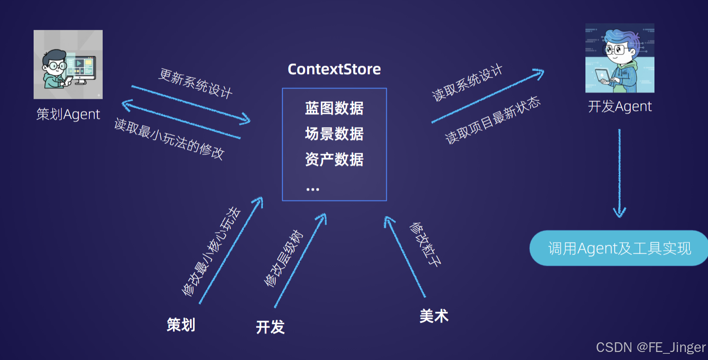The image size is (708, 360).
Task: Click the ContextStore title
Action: point(334,69)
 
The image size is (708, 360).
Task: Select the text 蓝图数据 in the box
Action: point(334,108)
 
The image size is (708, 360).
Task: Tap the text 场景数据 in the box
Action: point(334,134)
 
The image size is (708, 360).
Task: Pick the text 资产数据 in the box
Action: point(334,159)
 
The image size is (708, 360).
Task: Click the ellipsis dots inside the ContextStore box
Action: point(312,190)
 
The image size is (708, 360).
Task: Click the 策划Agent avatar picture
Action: point(68,65)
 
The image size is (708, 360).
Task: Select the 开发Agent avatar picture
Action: point(619,58)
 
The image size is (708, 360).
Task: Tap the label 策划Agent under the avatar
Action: point(68,114)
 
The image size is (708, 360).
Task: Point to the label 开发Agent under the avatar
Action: point(619,107)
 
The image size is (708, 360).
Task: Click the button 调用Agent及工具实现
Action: point(619,248)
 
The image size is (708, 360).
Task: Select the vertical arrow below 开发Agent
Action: point(619,173)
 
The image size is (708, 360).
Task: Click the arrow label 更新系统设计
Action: point(196,83)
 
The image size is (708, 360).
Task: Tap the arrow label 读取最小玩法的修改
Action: point(169,139)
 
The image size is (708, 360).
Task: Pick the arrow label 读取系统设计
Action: point(467,83)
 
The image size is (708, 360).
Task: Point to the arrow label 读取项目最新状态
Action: point(493,120)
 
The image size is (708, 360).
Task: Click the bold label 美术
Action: point(434,316)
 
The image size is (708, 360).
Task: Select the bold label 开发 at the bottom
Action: point(270,327)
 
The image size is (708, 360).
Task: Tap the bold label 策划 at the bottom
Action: point(181,325)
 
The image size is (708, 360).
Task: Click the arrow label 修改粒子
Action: point(425,244)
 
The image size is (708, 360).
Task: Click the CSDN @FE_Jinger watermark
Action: point(650,348)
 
